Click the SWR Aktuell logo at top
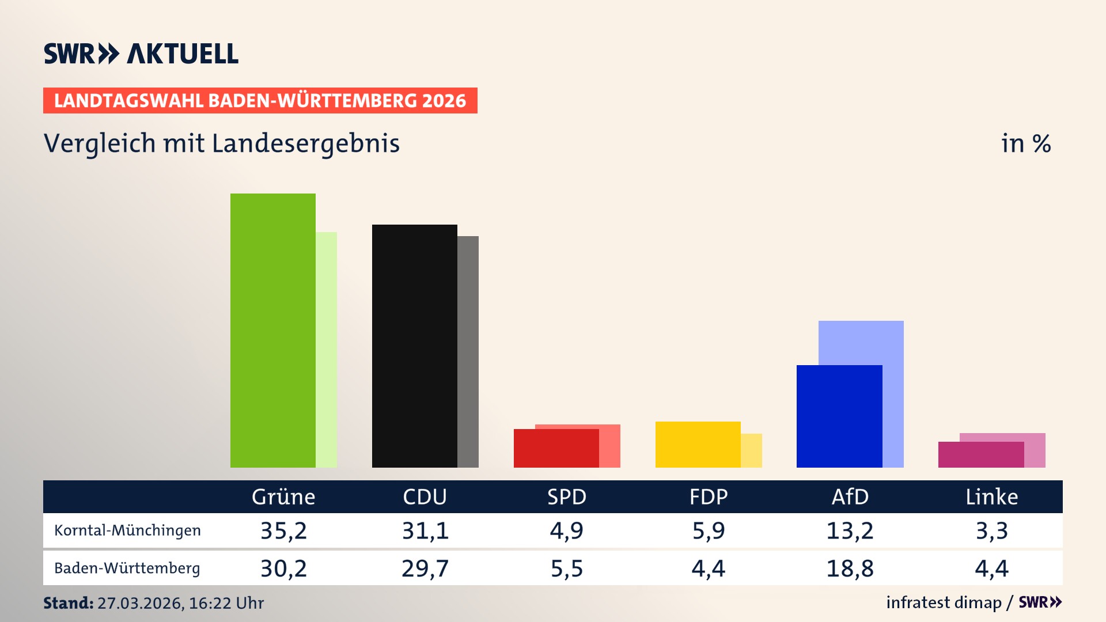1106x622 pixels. tap(141, 54)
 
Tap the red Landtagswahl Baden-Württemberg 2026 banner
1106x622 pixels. tap(260, 101)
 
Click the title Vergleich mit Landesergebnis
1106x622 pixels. tap(221, 143)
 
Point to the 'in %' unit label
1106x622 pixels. tap(1025, 144)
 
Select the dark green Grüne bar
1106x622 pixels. tap(272, 331)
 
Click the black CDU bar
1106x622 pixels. tap(414, 346)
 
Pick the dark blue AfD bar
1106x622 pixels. tap(839, 416)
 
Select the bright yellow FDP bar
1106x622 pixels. tap(698, 444)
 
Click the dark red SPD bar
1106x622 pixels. tap(556, 448)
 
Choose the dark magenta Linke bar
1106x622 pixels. tap(980, 454)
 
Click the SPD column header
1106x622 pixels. tap(566, 497)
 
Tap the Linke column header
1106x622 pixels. tap(991, 497)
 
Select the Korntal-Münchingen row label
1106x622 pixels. tap(127, 530)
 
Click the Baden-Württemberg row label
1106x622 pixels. tap(127, 568)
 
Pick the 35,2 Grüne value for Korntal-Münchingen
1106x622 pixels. tap(283, 530)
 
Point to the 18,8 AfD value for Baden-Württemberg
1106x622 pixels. tap(850, 568)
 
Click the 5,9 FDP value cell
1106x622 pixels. tap(708, 530)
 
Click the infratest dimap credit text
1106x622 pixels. tap(944, 602)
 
